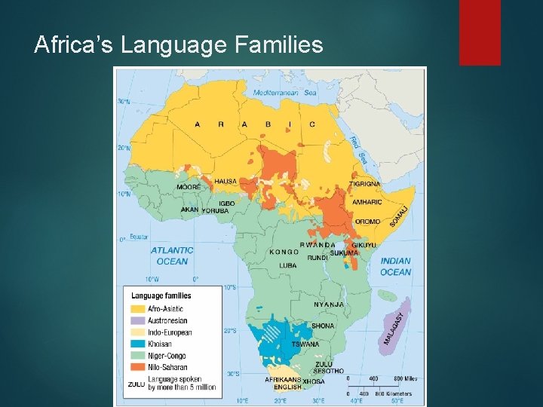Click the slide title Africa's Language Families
(x=179, y=46)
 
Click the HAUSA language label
(x=225, y=182)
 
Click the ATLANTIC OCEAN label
(x=172, y=256)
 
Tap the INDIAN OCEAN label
(x=396, y=266)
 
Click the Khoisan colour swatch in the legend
(x=138, y=344)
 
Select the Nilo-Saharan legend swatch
(x=138, y=367)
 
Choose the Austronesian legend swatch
(x=138, y=320)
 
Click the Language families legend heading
(x=161, y=295)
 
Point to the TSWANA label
(x=305, y=344)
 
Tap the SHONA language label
(x=323, y=326)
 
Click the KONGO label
(x=284, y=252)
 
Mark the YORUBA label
(x=215, y=211)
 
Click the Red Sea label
(x=358, y=148)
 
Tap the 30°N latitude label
(x=122, y=102)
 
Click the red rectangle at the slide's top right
(x=480, y=32)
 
